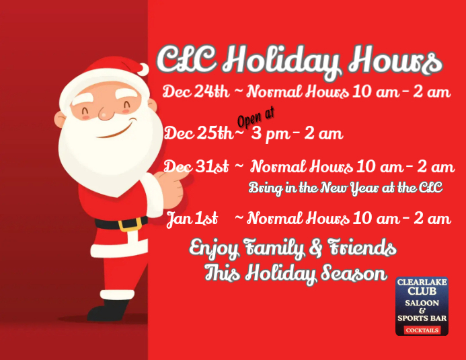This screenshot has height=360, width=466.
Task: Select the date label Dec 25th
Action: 198,133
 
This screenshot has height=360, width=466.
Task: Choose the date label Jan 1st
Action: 192,218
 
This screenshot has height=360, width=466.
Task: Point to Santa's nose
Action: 106,114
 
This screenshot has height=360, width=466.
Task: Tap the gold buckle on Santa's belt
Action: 132,223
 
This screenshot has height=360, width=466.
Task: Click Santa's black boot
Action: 108,312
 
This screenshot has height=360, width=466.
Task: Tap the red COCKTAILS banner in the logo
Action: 422,330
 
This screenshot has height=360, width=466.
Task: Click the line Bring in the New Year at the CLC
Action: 346,188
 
